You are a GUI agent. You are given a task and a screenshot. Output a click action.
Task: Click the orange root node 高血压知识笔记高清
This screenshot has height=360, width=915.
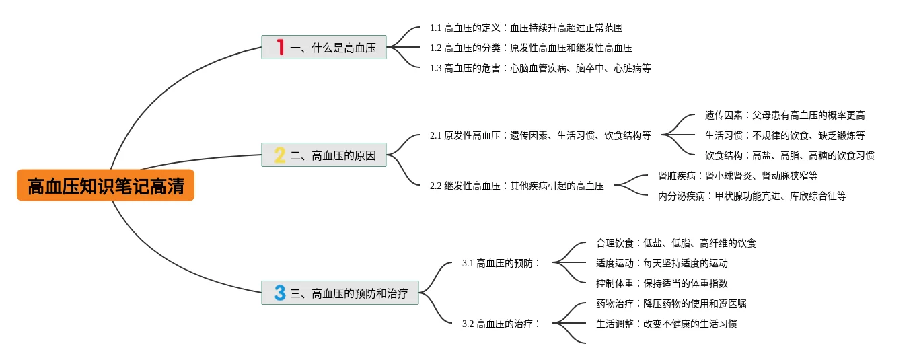[106, 186]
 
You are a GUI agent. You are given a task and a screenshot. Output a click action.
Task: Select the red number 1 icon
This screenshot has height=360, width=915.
[281, 47]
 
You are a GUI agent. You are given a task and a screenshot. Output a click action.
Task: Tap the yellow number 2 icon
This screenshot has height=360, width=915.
[281, 156]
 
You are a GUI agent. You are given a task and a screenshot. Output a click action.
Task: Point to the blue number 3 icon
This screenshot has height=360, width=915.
[281, 293]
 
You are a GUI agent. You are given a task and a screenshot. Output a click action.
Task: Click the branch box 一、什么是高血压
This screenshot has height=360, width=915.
[324, 48]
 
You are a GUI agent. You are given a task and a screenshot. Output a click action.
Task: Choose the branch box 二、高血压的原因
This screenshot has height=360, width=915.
[324, 156]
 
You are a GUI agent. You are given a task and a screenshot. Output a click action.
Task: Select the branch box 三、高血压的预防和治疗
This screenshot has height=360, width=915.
[340, 293]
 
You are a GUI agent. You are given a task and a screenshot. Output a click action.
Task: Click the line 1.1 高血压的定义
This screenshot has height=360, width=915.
[526, 28]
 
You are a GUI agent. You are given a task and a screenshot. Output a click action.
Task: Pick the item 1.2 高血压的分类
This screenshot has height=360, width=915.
[531, 48]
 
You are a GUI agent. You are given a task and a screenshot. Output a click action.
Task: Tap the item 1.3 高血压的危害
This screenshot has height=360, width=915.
[540, 68]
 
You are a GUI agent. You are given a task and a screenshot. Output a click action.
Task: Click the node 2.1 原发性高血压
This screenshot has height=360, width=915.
[540, 135]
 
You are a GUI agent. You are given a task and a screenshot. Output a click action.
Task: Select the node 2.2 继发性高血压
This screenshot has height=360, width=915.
[517, 186]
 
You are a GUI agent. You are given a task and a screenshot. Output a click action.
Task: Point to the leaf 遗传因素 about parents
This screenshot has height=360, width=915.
[784, 115]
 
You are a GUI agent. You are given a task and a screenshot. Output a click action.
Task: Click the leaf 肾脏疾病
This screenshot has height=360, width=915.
[737, 176]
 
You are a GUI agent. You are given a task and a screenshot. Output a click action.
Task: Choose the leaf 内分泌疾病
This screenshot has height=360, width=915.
[752, 196]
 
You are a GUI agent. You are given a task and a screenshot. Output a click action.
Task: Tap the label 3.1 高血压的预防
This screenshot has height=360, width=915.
[501, 263]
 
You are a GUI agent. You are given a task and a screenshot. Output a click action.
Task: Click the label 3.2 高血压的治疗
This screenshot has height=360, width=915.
[501, 324]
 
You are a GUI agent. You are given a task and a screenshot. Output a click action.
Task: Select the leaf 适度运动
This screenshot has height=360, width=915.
[661, 263]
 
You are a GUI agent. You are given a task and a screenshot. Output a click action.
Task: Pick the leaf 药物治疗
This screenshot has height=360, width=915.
[671, 303]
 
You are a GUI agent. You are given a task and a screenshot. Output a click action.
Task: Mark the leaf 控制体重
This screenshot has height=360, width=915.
[661, 283]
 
